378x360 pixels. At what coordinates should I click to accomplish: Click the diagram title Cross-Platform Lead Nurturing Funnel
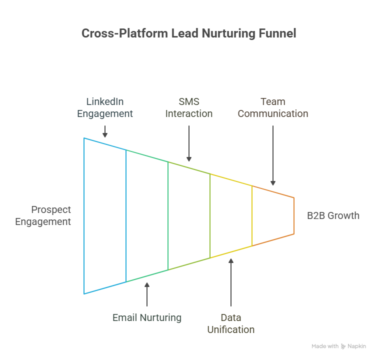[x=188, y=33]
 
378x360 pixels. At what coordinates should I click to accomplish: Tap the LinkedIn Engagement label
[x=104, y=107]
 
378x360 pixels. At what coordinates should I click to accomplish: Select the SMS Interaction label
[x=188, y=107]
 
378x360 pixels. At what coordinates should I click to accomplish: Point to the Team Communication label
[x=272, y=107]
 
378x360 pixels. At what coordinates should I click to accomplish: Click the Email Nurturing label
[x=146, y=317]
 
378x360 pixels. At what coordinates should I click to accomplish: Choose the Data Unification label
[x=230, y=323]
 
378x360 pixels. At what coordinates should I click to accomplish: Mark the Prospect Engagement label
[x=43, y=215]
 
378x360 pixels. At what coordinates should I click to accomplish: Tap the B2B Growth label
[x=333, y=215]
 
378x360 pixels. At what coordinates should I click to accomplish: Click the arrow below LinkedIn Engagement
[x=104, y=131]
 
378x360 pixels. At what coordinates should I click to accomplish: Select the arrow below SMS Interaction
[x=188, y=142]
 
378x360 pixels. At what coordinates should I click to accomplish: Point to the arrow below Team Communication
[x=272, y=155]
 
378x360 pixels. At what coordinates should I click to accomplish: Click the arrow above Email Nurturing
[x=146, y=294]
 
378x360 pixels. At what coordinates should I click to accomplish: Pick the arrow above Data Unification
[x=230, y=282]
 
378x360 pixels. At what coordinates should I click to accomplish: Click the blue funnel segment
[x=105, y=215]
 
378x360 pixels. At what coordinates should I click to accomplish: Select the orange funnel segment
[x=272, y=215]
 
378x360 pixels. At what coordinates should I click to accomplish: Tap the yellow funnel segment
[x=230, y=215]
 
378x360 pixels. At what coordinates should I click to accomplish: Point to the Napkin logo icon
[x=343, y=346]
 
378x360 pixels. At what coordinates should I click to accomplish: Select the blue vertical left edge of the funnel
[x=84, y=215]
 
